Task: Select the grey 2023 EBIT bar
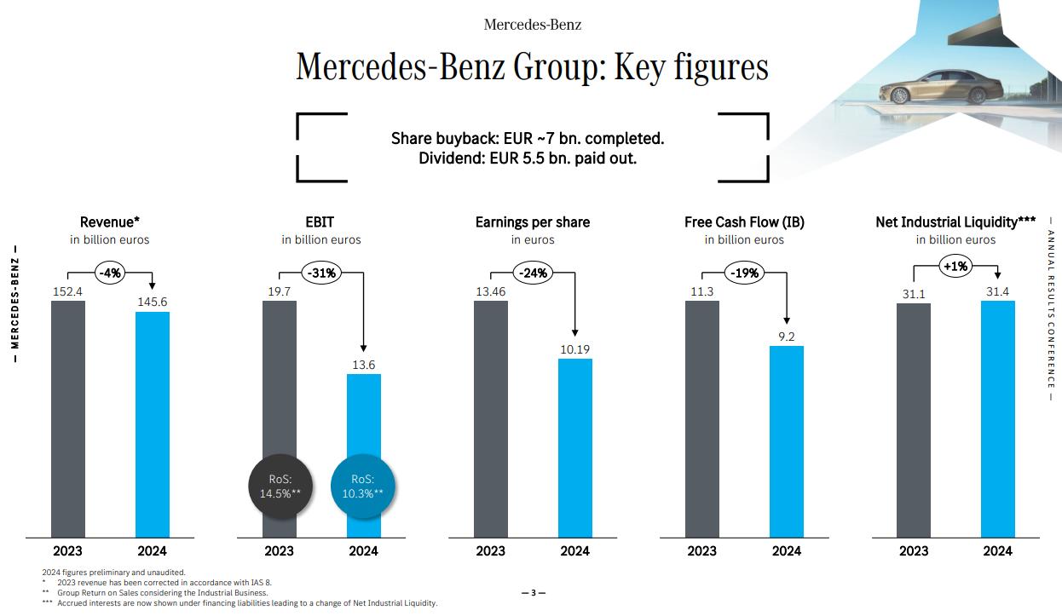(x=279, y=383)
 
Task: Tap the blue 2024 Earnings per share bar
(x=575, y=448)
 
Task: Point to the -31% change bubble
(x=321, y=273)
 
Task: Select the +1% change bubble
(x=955, y=267)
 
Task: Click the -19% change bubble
(x=744, y=273)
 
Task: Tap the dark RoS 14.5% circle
(x=280, y=486)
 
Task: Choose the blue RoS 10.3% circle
(x=363, y=486)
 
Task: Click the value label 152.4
(x=68, y=291)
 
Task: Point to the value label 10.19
(x=575, y=349)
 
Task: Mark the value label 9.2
(x=787, y=337)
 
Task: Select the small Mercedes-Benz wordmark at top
(x=533, y=25)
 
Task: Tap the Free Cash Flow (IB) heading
(x=744, y=222)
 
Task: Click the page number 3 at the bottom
(x=533, y=593)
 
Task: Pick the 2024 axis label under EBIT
(x=364, y=551)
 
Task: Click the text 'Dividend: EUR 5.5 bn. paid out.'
(x=528, y=158)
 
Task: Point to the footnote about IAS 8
(x=164, y=583)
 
